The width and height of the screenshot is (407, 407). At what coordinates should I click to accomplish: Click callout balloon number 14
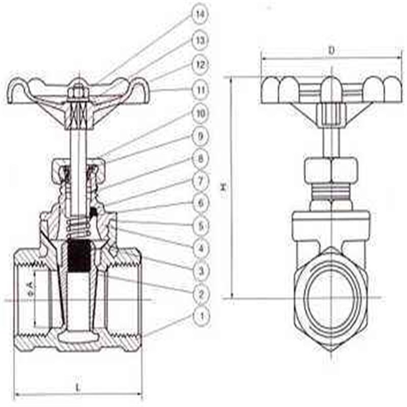200,15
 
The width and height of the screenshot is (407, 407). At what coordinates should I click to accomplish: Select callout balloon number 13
200,40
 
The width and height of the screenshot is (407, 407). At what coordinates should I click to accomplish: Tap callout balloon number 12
200,65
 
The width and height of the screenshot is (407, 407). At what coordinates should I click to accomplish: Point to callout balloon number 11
200,90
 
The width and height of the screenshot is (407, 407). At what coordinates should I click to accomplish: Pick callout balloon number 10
200,113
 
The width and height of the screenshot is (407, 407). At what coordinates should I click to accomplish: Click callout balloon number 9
200,136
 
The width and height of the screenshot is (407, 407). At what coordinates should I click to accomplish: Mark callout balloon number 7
200,181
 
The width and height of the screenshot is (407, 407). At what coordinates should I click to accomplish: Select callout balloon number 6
200,203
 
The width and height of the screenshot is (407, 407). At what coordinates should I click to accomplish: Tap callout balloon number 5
200,225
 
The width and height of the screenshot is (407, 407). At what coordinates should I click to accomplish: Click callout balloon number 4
200,248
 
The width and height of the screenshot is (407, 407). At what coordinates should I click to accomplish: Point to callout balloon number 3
200,271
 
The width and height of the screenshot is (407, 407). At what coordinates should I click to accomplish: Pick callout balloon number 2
200,294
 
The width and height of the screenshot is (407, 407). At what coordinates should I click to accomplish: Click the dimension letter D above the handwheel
331,50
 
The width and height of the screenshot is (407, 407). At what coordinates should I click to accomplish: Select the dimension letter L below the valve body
78,387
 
